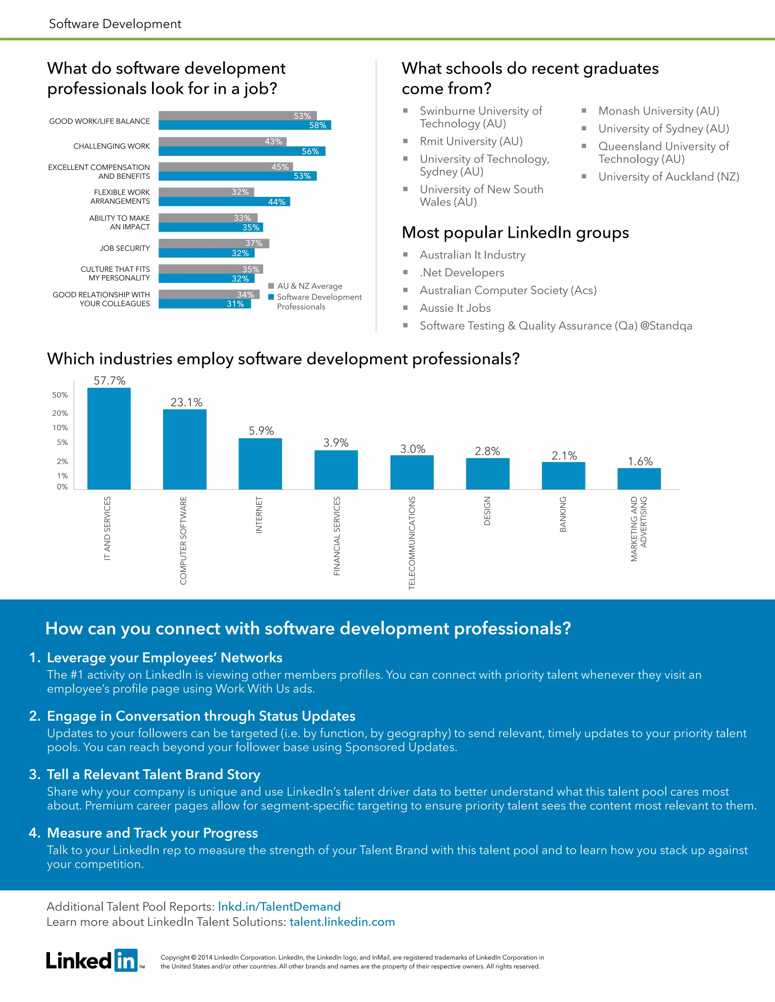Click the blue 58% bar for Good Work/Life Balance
click(245, 125)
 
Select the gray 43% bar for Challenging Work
click(222, 142)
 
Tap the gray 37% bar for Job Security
click(213, 243)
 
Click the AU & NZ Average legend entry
click(305, 286)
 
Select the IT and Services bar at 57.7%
click(109, 438)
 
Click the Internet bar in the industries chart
click(260, 464)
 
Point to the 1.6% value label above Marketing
click(640, 461)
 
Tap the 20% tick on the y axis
click(60, 413)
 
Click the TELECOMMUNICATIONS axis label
click(412, 542)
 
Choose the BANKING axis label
click(563, 514)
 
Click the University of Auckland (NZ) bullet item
click(669, 177)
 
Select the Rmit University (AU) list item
click(471, 141)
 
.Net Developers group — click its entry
click(462, 273)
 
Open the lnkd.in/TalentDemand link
click(279, 907)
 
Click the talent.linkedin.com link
click(342, 922)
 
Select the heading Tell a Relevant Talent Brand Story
click(153, 774)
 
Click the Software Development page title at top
click(115, 24)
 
